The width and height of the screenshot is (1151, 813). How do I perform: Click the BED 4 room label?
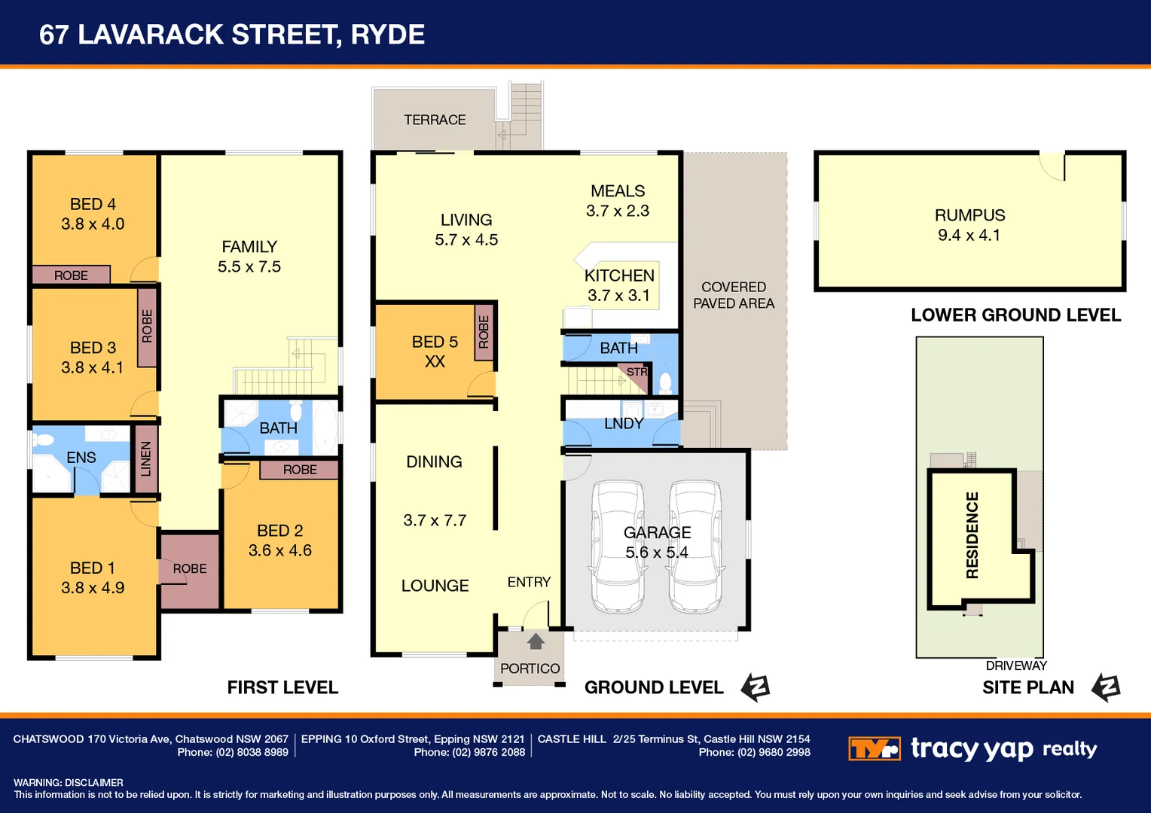[x=93, y=205]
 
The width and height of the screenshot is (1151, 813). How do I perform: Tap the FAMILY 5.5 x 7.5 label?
[x=249, y=257]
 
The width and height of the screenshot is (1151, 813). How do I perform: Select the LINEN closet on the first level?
[x=145, y=458]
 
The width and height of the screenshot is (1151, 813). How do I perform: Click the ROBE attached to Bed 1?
[x=190, y=569]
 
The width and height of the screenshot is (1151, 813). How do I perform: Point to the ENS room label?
[x=81, y=458]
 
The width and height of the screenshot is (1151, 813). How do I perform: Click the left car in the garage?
[x=618, y=547]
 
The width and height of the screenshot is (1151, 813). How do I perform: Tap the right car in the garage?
[x=696, y=547]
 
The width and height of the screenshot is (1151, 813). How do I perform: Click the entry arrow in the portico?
[x=536, y=641]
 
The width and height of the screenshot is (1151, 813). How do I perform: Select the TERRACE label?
[x=435, y=120]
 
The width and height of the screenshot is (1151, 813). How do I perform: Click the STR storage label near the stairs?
[x=637, y=372]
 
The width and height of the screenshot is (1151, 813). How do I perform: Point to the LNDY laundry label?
[x=624, y=424]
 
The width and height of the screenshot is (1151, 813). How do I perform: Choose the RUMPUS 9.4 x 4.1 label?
[x=969, y=225]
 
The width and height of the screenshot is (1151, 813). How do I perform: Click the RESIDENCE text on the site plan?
[x=972, y=535]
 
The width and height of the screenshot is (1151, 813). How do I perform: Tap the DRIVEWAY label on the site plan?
[x=1016, y=665]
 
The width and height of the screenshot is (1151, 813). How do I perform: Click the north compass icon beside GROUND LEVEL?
[x=756, y=687]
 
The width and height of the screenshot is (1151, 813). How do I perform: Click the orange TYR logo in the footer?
[x=874, y=749]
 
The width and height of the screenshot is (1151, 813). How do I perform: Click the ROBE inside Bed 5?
[x=484, y=332]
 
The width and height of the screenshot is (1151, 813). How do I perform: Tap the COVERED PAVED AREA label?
[x=734, y=295]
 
